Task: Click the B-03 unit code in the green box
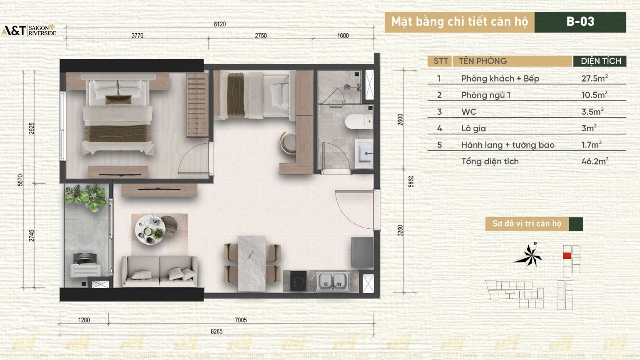[x=580, y=22]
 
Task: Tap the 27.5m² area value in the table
[x=594, y=78]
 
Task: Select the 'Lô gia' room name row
[x=474, y=128]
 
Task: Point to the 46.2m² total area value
[x=594, y=162]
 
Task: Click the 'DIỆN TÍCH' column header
[x=600, y=61]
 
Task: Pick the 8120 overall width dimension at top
[x=220, y=24]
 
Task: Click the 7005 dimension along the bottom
[x=241, y=320]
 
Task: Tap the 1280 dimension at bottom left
[x=84, y=320]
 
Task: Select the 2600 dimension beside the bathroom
[x=400, y=120]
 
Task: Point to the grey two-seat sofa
[x=160, y=271]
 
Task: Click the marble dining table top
[x=252, y=263]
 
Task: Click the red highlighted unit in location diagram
[x=567, y=256]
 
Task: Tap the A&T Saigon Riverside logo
[x=29, y=30]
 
